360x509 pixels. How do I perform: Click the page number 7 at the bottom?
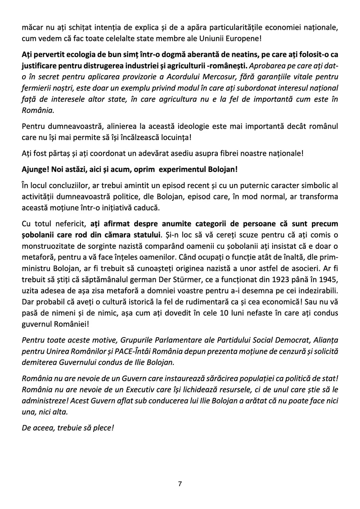click(180, 484)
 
